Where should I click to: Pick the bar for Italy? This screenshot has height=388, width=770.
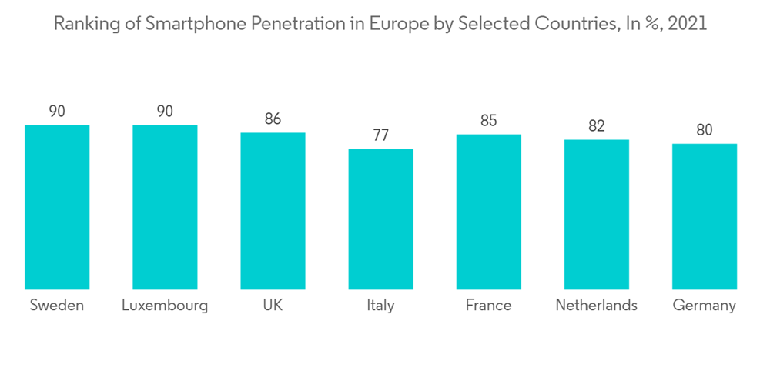[x=380, y=219]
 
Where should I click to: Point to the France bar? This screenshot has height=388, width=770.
[x=488, y=211]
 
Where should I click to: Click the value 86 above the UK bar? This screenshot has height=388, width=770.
[x=273, y=119]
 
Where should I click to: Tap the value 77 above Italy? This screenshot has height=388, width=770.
[x=380, y=135]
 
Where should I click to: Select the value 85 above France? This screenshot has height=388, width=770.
[x=488, y=121]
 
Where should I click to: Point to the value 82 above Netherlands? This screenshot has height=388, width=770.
[x=596, y=126]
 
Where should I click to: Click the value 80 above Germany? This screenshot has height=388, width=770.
[x=704, y=130]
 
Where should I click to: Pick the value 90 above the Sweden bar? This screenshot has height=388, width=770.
[x=57, y=112]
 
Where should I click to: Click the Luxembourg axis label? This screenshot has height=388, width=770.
[x=165, y=306]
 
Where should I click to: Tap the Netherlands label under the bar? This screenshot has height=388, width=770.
[x=596, y=306]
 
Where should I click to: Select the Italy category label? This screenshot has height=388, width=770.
[x=380, y=306]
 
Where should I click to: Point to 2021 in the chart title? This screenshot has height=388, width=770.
[x=688, y=25]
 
